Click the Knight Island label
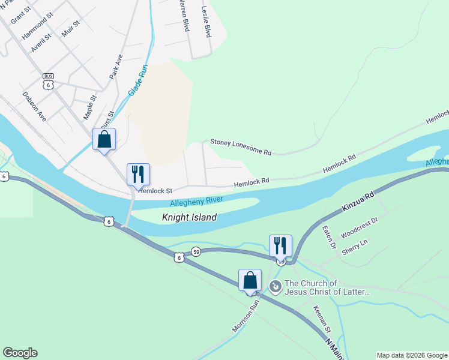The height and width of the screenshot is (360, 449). point(189,218)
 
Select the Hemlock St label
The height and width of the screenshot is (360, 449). point(155,191)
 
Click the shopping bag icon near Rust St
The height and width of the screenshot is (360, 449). point(104,140)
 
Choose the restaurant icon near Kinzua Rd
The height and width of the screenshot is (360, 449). point(280,245)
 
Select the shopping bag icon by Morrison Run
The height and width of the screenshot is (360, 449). point(250,280)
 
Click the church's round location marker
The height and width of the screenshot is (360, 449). point(275,287)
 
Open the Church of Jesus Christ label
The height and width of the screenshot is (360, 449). point(328,287)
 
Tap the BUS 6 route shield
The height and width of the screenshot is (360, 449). point(49,82)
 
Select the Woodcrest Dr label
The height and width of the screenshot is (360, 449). point(359,229)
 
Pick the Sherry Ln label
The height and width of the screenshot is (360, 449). point(354,247)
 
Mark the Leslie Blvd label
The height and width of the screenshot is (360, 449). point(206,22)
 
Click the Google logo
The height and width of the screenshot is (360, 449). point(20,353)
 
